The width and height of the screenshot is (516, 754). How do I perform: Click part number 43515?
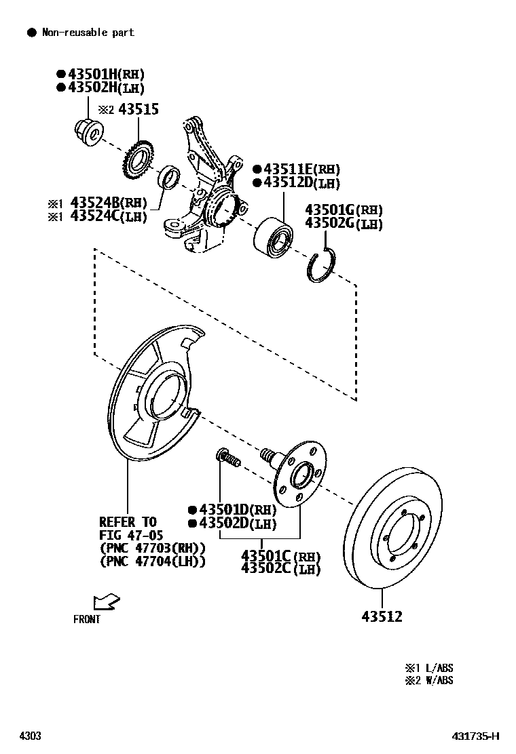pyautogui.click(x=139, y=109)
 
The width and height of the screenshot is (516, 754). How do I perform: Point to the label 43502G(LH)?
pyautogui.click(x=344, y=224)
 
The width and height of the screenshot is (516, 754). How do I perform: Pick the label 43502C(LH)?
pyautogui.click(x=280, y=569)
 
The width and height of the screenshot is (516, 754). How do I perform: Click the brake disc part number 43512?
pyautogui.click(x=382, y=616)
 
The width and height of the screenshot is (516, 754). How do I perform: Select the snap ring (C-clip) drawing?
pyautogui.click(x=320, y=266)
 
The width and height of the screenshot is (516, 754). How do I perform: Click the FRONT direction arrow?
pyautogui.click(x=107, y=601)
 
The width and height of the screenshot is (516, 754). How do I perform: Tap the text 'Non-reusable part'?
pyautogui.click(x=88, y=32)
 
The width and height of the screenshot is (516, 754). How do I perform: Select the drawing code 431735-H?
pyautogui.click(x=476, y=736)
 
